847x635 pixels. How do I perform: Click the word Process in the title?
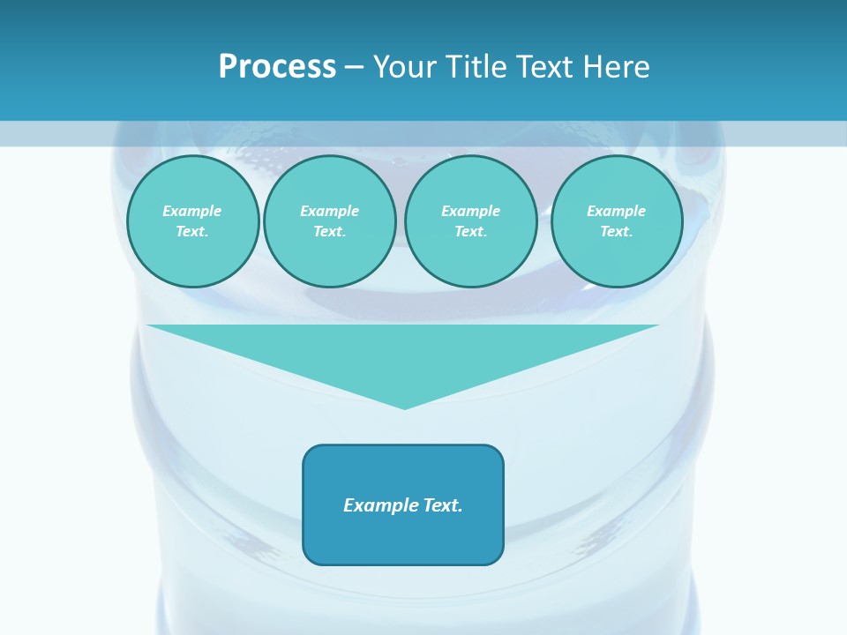(x=277, y=67)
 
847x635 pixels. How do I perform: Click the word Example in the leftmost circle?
(x=192, y=211)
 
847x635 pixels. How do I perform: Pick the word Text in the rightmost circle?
(x=616, y=231)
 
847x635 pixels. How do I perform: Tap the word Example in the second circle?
(x=330, y=211)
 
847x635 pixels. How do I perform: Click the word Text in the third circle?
(x=470, y=231)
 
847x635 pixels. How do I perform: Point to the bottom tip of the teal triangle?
(x=404, y=407)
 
